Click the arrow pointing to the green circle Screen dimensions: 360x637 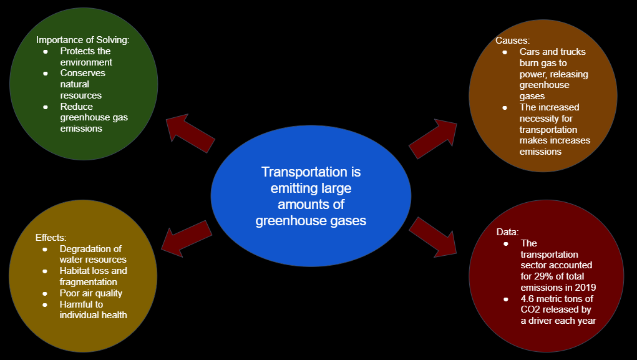click(x=191, y=133)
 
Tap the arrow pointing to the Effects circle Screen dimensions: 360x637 click(x=187, y=238)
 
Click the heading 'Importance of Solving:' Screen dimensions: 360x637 click(x=83, y=41)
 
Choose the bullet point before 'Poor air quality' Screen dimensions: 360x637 click(x=45, y=293)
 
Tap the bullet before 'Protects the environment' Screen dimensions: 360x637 click(x=46, y=51)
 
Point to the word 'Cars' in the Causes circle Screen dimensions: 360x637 click(x=530, y=52)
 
